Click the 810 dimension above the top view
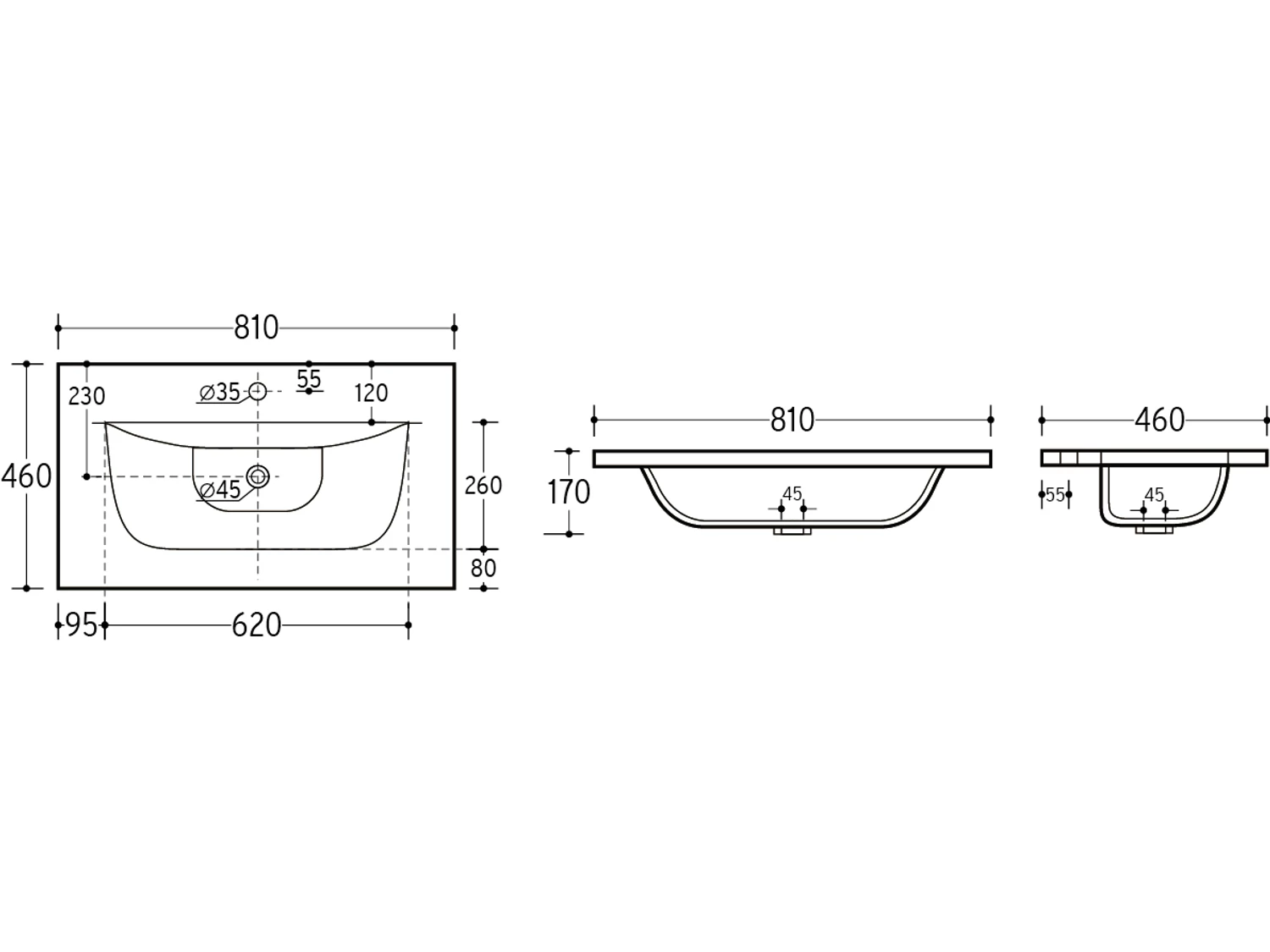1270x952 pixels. pos(257,327)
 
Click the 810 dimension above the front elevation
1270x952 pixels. pos(792,421)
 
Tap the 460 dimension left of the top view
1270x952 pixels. pos(26,476)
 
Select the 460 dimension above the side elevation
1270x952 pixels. pos(1159,421)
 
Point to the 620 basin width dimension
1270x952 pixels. pos(257,625)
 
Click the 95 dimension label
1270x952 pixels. pos(81,625)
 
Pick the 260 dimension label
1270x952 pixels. pos(483,486)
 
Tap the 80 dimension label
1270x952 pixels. pos(483,568)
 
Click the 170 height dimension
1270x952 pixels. pos(569,493)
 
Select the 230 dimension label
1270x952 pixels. pos(87,397)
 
